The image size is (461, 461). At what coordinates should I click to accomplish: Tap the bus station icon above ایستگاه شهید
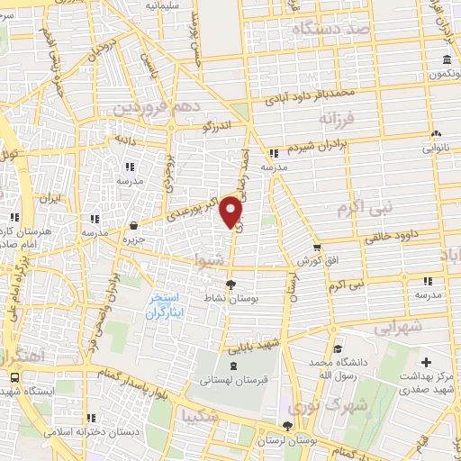[x=14, y=378]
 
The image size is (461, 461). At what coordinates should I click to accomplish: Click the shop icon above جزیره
[x=134, y=225]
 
